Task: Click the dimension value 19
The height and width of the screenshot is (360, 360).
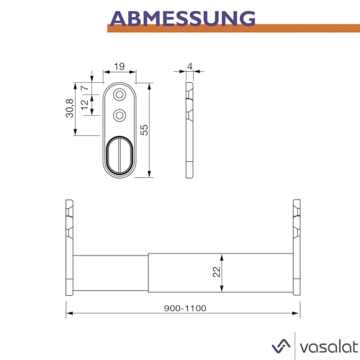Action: coord(120,67)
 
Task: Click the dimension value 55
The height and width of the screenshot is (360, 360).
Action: coord(143,130)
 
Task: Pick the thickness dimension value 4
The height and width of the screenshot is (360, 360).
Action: coord(189,67)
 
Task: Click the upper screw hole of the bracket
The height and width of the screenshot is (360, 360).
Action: coord(120,96)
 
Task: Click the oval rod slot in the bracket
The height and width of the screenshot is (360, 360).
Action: coord(120,154)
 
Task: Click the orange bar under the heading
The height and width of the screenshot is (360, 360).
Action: coord(230,29)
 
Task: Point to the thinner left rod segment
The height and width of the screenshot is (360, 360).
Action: coord(112,273)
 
